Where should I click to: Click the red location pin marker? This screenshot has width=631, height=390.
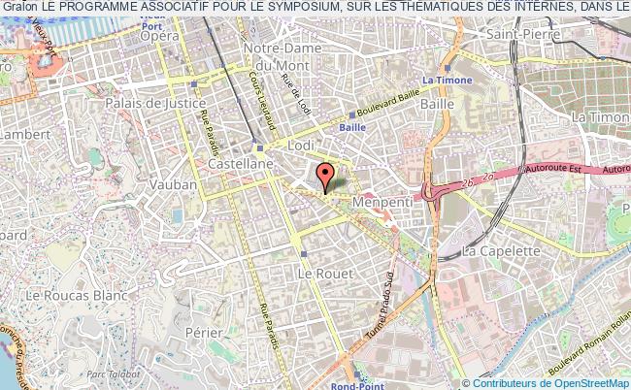pos(325,176)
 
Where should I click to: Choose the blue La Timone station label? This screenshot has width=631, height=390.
pos(447,81)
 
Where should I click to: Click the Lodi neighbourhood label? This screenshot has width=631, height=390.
pos(304,144)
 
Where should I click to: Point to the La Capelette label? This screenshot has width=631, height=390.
pos(501,249)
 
